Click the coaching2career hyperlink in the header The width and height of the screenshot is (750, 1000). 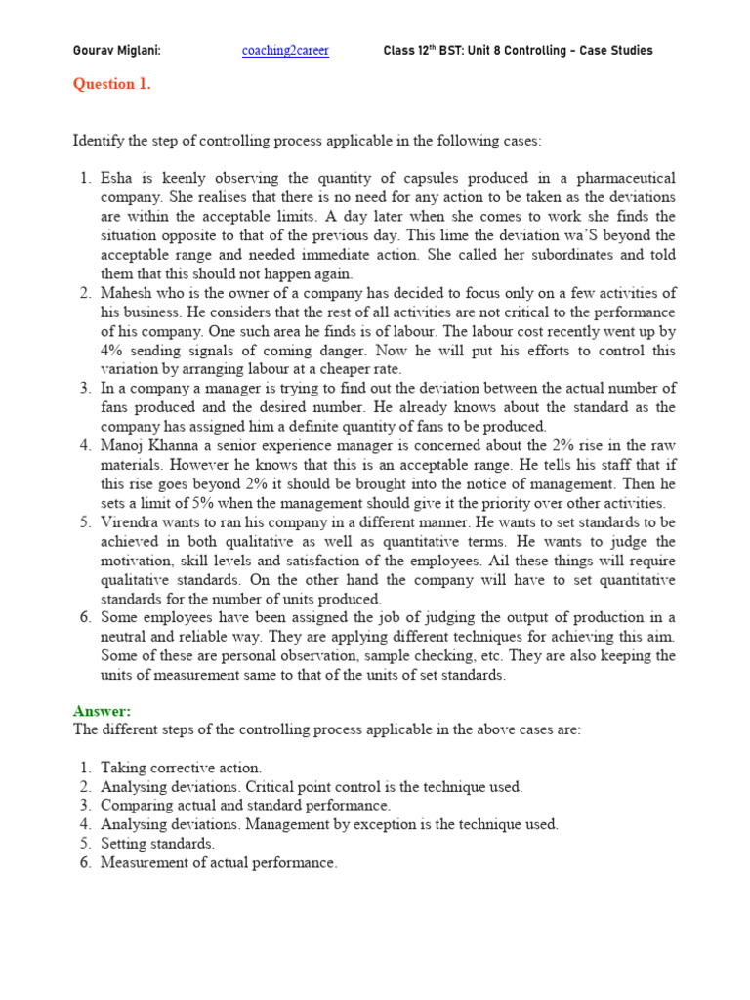(x=285, y=51)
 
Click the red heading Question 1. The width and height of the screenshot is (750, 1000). (x=112, y=84)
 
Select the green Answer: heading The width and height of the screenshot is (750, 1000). (x=102, y=711)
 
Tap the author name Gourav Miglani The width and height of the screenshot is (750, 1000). (x=117, y=51)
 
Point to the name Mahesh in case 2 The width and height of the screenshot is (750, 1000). (x=126, y=293)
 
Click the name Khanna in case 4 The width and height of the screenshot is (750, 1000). (x=179, y=446)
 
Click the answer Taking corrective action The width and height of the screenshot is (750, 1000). (x=181, y=769)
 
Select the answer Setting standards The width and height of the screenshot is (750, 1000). (x=157, y=844)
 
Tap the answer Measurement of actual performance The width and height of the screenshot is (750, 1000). (x=218, y=863)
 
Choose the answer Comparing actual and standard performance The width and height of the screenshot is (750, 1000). (x=245, y=806)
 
